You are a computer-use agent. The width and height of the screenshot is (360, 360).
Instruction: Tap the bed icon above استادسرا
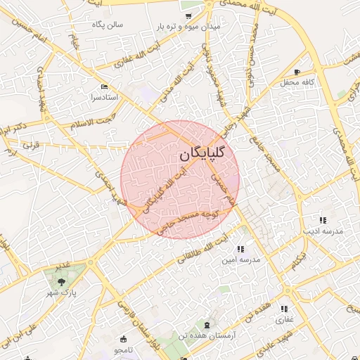pyautogui.click(x=105, y=86)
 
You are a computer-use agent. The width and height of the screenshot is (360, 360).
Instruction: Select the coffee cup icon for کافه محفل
pyautogui.click(x=297, y=72)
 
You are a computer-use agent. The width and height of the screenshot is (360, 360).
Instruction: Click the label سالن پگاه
pyautogui.click(x=107, y=25)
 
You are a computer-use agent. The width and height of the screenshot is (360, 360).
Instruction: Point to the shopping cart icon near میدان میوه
pyautogui.click(x=188, y=15)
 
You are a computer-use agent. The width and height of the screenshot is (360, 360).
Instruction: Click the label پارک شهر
pyautogui.click(x=61, y=292)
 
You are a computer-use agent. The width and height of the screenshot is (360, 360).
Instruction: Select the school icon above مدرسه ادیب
pyautogui.click(x=322, y=220)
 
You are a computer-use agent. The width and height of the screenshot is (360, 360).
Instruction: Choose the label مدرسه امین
pyautogui.click(x=241, y=259)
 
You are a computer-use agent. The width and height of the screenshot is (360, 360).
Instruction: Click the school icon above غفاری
pyautogui.click(x=284, y=309)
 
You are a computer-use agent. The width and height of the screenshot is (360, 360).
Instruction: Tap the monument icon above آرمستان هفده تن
pyautogui.click(x=207, y=325)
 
